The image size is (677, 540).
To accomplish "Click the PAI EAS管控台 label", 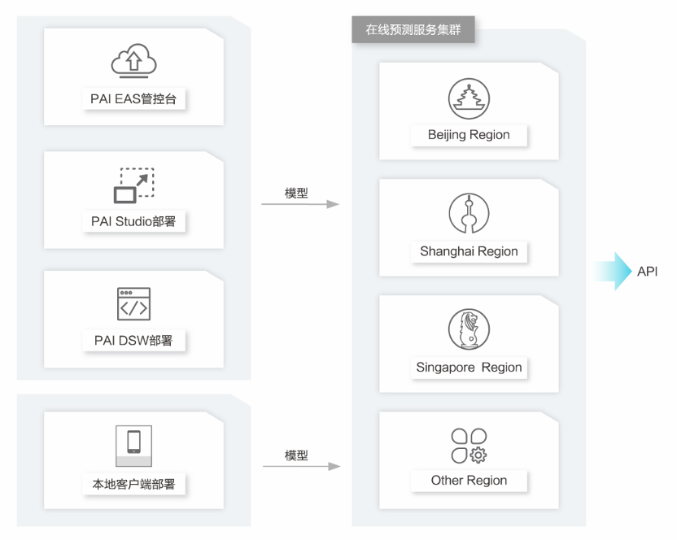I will coord(133,99).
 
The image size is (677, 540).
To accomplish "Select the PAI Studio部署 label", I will coord(133,221).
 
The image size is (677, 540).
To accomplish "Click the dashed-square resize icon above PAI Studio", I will coord(133,185).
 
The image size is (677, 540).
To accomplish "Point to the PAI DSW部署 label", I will coord(133,340).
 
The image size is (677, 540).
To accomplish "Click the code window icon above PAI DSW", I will coord(133,303).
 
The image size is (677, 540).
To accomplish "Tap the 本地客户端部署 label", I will coord(133,484).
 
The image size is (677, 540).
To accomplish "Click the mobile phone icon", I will coord(133,442).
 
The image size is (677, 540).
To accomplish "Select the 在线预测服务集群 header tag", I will coord(413,30).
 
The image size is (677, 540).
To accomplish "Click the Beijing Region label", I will coord(469,135).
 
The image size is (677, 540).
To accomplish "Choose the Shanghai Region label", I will coord(469,251).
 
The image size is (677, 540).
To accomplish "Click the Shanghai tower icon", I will coord(469,214).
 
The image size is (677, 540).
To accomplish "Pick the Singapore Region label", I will coord(469,368).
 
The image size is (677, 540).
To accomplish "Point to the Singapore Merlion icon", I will coord(469,329).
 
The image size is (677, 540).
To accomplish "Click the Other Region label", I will coord(469,481).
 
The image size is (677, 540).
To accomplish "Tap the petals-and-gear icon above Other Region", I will coord(469,446).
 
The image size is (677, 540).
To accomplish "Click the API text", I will coord(648,272).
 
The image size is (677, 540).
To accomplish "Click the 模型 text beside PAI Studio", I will coord(296,194).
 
